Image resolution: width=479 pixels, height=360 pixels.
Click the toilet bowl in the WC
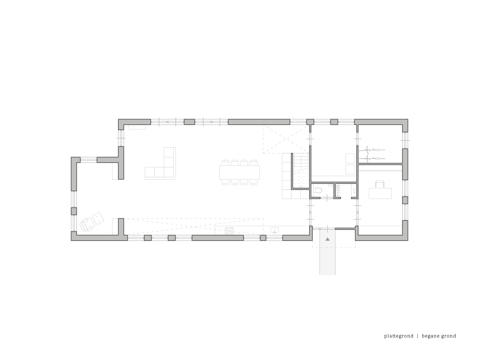pos(318,191)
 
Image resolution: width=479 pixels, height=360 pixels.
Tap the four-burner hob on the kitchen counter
pos(229,231)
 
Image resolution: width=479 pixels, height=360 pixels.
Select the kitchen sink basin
pos(275,230)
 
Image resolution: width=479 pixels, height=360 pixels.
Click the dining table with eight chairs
pos(239,172)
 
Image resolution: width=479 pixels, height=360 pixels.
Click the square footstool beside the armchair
pos(98,218)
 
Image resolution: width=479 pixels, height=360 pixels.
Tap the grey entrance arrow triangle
pos(327,239)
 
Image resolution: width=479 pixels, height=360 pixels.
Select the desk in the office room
pos(380,193)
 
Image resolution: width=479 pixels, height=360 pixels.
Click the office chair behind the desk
pos(380,184)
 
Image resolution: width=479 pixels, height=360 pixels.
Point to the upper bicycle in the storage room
pos(371,150)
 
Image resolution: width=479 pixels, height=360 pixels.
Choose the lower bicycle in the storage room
pos(371,159)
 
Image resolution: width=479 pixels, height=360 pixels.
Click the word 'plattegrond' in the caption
pos(399,336)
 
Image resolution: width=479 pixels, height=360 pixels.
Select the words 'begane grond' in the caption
pos(439,336)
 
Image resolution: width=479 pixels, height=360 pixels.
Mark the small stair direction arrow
pos(301,187)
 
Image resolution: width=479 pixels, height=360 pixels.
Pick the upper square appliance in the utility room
pos(350,158)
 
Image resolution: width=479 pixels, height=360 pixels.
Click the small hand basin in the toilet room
pos(331,185)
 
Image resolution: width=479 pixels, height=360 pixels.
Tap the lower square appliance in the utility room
pos(350,169)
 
